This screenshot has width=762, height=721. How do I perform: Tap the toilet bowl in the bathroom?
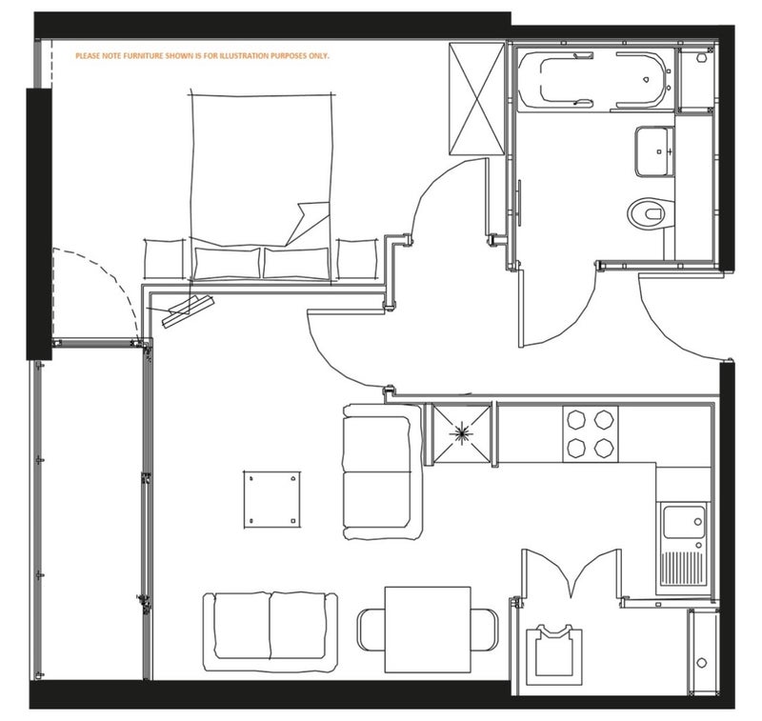[651, 212]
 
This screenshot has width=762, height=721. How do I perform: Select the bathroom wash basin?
[654, 151]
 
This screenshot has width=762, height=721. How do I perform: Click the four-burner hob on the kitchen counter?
[591, 434]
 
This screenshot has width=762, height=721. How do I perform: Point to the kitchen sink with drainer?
[683, 549]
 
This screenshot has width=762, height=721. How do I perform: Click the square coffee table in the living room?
[271, 499]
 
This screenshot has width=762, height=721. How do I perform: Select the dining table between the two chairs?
[428, 630]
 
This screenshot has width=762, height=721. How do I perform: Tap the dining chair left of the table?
[371, 630]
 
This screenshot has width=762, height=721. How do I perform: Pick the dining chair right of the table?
[485, 630]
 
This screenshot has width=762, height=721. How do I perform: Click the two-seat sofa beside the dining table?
[271, 631]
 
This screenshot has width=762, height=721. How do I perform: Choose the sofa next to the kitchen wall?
[383, 471]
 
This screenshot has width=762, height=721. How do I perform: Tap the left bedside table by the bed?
[165, 258]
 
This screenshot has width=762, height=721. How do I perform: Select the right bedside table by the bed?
[356, 258]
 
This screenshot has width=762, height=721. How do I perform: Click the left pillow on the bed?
[227, 263]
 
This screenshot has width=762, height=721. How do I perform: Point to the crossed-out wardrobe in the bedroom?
[477, 99]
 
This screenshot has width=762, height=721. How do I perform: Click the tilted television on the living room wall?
[188, 311]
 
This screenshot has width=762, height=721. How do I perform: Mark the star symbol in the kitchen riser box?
[460, 433]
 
